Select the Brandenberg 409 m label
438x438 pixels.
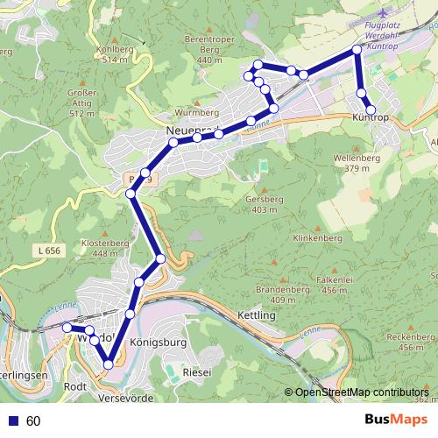point(282,294)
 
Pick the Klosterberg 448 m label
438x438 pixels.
point(98,248)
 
